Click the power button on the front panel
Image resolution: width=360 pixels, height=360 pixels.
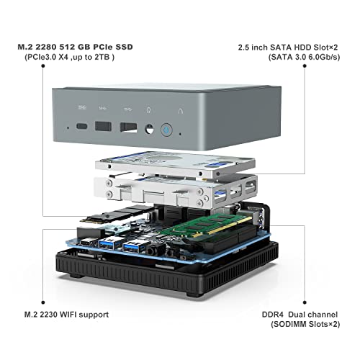click(166, 130)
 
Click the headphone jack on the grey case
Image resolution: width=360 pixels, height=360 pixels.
click(149, 130)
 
